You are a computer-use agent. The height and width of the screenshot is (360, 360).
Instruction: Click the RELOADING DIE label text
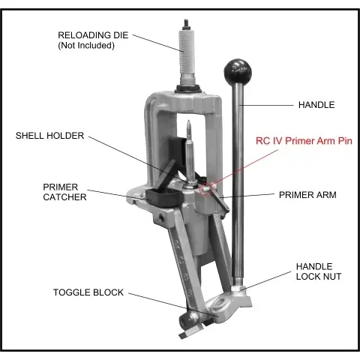tap(93, 35)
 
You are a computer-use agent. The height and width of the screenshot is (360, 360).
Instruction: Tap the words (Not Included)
tap(86, 46)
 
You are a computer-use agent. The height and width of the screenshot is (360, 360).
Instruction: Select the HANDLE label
tap(316, 105)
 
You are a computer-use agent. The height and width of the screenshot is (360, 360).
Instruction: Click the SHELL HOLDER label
tap(49, 136)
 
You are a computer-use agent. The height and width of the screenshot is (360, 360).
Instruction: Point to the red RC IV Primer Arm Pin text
tap(304, 141)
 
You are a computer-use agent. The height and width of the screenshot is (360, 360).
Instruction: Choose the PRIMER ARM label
tap(307, 195)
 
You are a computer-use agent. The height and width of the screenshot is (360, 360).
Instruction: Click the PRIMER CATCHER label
tap(64, 192)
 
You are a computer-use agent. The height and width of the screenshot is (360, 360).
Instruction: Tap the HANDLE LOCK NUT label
tap(319, 271)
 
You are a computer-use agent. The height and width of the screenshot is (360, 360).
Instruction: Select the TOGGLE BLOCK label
tap(88, 292)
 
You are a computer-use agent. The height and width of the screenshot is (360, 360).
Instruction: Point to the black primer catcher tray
tap(163, 196)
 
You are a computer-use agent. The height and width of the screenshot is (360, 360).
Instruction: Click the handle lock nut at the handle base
tap(237, 288)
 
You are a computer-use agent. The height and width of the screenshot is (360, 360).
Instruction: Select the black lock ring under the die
tap(188, 88)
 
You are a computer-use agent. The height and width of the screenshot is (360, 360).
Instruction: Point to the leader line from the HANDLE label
tap(266, 105)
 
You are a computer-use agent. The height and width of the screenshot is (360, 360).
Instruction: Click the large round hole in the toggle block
tap(219, 303)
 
